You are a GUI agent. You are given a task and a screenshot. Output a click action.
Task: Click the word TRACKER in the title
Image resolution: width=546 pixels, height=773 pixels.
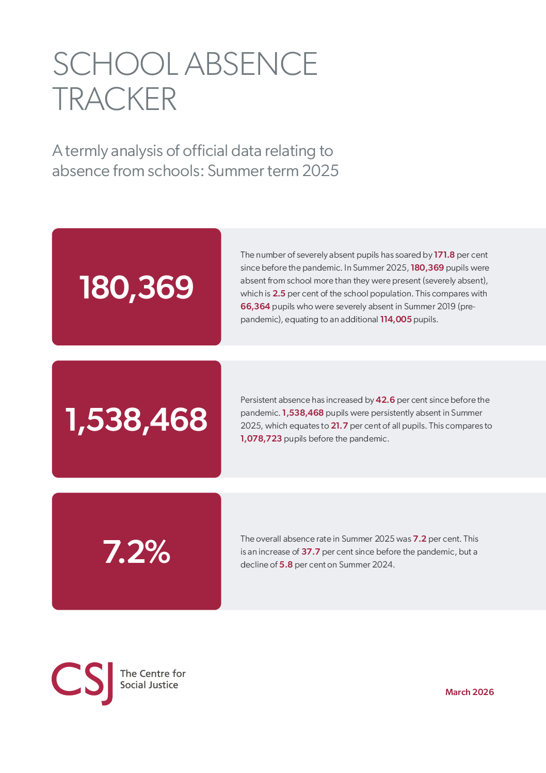[115, 99]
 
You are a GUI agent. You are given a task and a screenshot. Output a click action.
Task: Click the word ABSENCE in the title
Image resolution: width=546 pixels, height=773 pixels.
[251, 65]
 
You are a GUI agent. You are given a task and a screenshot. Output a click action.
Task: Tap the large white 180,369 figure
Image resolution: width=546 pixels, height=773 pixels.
[136, 287]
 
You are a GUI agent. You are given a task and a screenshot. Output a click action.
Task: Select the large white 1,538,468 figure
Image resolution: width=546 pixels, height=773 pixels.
[136, 419]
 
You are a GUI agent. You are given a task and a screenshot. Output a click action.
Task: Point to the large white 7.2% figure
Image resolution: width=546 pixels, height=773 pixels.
[136, 551]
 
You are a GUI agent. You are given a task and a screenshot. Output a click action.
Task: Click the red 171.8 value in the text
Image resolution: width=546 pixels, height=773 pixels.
[444, 255]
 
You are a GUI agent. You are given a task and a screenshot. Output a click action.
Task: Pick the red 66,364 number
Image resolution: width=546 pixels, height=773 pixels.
[255, 306]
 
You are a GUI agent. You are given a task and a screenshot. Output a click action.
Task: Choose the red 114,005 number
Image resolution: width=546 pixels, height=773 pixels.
[396, 319]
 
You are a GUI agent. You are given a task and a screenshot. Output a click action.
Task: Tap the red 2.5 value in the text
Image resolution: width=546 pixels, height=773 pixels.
[279, 293]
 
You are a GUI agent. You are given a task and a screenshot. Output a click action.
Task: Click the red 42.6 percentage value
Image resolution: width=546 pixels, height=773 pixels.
[385, 400]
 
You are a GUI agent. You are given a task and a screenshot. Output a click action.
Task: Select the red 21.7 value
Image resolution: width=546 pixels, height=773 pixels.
[339, 425]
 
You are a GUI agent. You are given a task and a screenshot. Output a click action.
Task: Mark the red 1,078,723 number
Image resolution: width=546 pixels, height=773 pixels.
[261, 438]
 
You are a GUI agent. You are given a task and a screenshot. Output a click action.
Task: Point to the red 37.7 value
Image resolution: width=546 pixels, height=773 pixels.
[311, 551]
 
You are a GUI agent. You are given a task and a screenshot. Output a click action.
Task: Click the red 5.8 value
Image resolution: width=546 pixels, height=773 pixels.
[286, 564]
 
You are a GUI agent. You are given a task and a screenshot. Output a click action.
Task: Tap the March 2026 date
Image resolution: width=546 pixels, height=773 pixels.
[469, 692]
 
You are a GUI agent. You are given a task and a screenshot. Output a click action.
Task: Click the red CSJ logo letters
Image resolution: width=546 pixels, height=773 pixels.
[82, 682]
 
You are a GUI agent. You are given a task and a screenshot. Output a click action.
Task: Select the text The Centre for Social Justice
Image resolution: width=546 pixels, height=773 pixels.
[152, 679]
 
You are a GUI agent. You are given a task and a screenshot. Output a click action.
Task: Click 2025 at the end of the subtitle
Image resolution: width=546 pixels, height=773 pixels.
[320, 170]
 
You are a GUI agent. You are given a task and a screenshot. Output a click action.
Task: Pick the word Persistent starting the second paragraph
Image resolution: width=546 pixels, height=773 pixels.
[261, 400]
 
